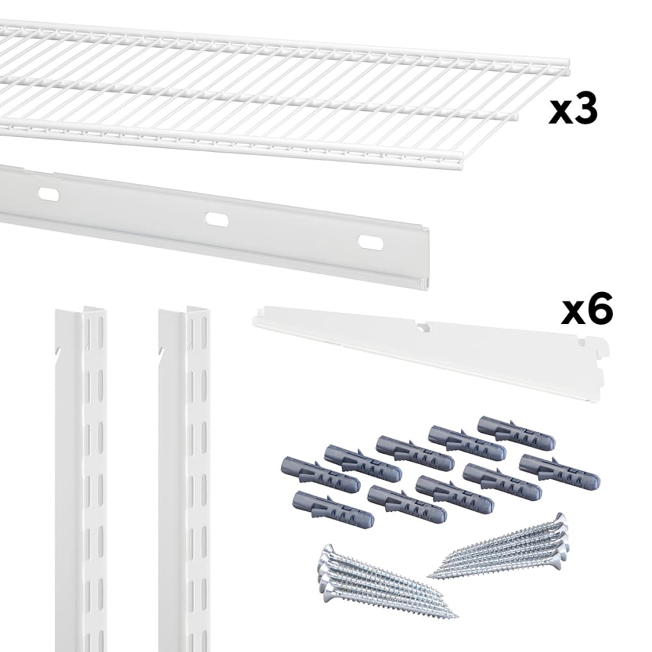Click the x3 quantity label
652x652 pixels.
coord(573,111)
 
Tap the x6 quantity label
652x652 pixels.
coord(587,311)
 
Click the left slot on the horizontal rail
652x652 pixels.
coord(49,194)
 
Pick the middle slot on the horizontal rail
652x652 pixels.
coord(216,219)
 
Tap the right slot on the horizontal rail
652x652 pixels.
coord(370,242)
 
